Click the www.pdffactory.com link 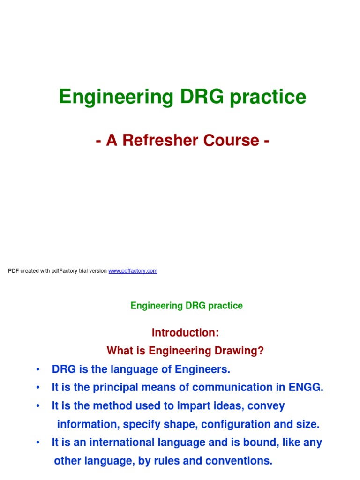tap(133, 271)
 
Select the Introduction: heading tap(185, 332)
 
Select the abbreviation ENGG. tap(307, 388)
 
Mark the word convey tap(266, 406)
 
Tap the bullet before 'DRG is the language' tap(37, 370)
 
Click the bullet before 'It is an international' tap(37, 443)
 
